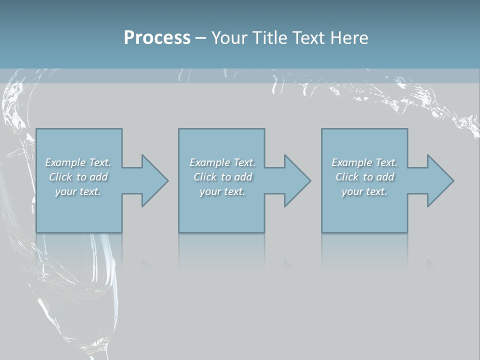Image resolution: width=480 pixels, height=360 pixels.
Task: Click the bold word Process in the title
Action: pos(157,38)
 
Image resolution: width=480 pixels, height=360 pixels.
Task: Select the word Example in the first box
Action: pos(65,162)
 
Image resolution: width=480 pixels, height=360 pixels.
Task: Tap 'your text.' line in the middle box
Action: pos(222,191)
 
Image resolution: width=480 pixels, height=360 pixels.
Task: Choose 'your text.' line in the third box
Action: pos(364,191)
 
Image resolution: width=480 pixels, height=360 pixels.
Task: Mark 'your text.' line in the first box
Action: pos(78,191)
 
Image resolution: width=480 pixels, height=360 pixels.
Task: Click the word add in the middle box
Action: pos(243,177)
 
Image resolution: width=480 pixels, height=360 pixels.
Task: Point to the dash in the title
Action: pos(200,38)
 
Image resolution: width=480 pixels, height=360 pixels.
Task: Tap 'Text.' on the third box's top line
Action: pos(386,162)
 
